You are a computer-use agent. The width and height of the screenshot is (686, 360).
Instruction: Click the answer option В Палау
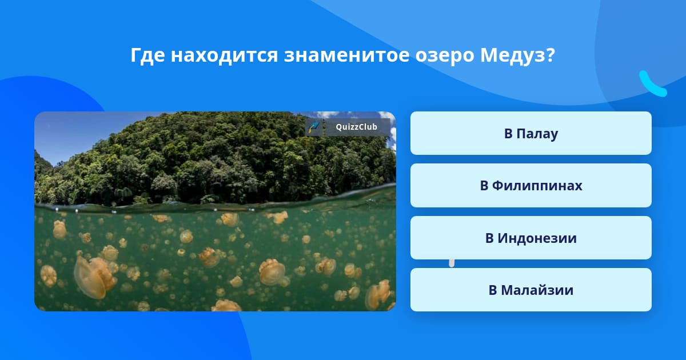point(531,133)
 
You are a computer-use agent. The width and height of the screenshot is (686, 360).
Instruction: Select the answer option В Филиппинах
point(531,186)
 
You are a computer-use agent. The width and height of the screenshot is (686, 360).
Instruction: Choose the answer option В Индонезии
point(531,238)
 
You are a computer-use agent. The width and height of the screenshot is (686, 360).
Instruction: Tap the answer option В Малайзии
point(531,290)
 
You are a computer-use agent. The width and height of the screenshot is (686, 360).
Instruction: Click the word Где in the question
point(148,55)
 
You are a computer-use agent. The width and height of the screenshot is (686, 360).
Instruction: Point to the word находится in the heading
point(224,55)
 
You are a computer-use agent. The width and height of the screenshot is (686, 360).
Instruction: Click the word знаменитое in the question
point(346,55)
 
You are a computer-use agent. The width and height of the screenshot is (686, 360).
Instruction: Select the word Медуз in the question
point(512,56)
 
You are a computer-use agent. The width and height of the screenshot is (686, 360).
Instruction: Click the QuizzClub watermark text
point(357,127)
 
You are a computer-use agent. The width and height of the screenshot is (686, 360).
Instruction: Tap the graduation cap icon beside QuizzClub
point(314,127)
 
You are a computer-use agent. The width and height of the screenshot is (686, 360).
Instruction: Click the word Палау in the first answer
point(537,134)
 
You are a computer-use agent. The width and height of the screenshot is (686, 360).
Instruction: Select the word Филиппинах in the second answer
point(537,186)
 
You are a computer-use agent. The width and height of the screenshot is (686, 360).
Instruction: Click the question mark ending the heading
point(550,55)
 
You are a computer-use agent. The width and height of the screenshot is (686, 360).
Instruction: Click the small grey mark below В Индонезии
point(452,263)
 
